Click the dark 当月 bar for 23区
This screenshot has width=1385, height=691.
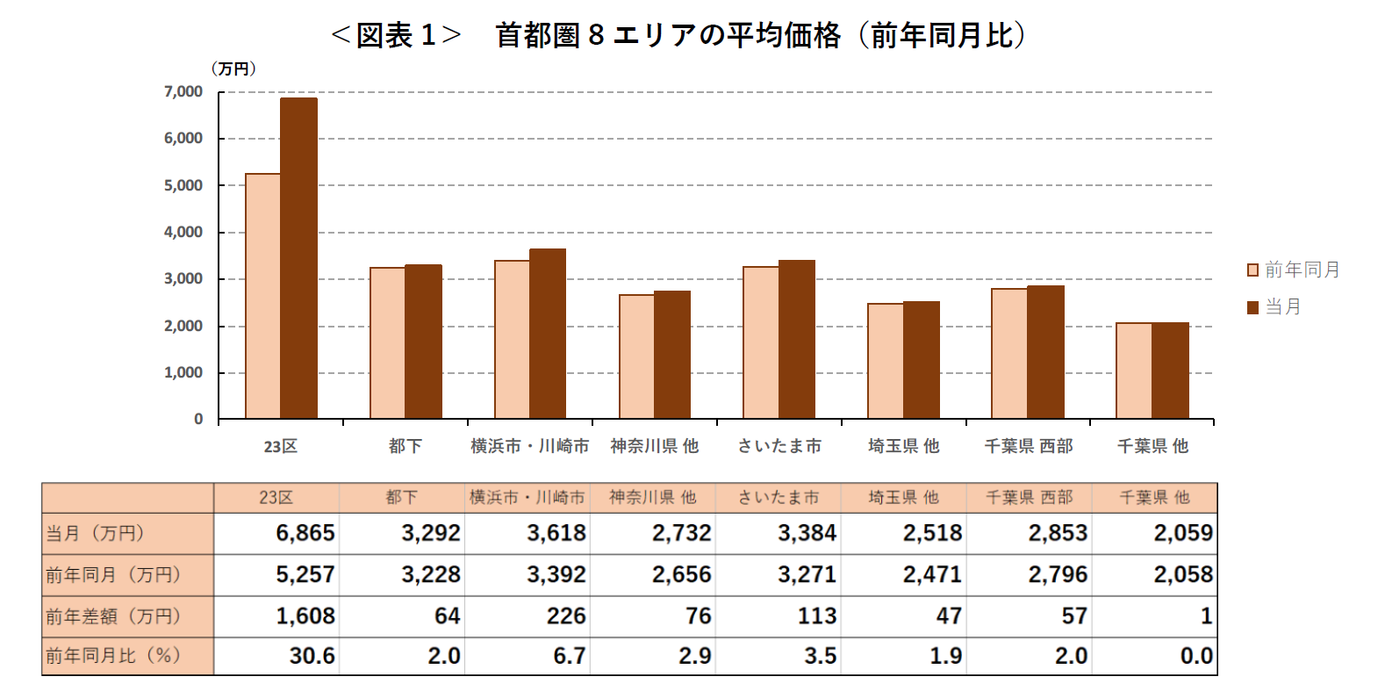click(298, 258)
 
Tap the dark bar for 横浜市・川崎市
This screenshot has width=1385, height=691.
click(548, 334)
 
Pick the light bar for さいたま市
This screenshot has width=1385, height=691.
click(761, 342)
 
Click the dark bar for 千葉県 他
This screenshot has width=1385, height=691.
click(1170, 371)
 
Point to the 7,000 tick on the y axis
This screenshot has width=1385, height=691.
click(183, 91)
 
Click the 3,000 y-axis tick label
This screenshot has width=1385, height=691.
click(183, 279)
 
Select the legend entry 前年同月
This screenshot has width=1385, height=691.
click(1294, 270)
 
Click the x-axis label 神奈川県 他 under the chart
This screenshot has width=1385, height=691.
click(655, 446)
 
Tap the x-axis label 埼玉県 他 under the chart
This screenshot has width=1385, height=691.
click(904, 446)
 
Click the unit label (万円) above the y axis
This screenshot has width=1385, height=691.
click(233, 69)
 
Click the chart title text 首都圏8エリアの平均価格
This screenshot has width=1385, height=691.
click(667, 35)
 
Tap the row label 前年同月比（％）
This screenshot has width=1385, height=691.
click(114, 656)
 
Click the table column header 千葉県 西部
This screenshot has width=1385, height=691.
click(1029, 498)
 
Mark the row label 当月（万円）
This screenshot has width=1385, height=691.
click(96, 533)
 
